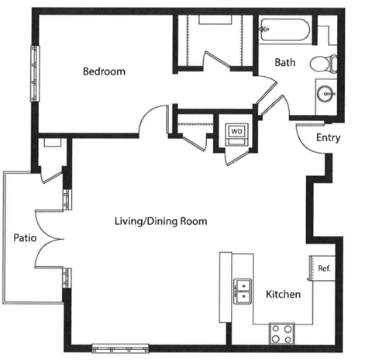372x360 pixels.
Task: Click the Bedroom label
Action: [x=104, y=71]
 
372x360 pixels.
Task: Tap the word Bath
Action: [x=285, y=62]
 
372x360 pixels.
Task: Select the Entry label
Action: [x=329, y=138]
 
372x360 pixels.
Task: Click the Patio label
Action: [x=25, y=238]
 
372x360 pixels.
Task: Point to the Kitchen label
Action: [x=284, y=294]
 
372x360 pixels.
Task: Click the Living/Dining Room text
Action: [x=161, y=222]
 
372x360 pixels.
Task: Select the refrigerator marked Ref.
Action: [x=323, y=268]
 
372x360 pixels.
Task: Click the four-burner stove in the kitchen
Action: [x=282, y=334]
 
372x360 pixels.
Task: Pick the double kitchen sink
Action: [x=243, y=291]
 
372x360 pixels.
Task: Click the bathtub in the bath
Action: [x=285, y=29]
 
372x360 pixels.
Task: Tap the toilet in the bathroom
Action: [x=324, y=64]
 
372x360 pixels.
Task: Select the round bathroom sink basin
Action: [x=325, y=94]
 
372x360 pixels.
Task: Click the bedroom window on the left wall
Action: [x=35, y=74]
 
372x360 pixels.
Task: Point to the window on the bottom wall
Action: [x=120, y=348]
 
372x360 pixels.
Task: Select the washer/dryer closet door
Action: [x=237, y=157]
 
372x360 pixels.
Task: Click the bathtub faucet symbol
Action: [x=265, y=29]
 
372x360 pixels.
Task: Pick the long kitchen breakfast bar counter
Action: [x=226, y=287]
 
